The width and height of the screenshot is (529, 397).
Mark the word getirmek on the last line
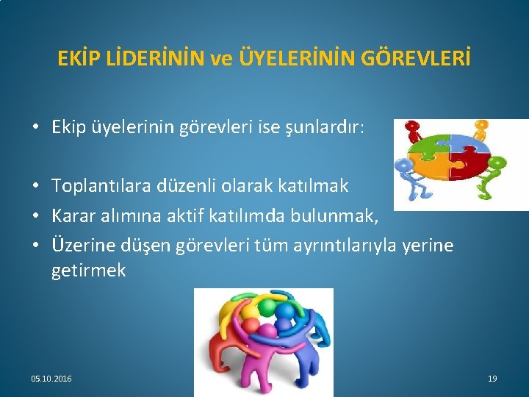(89, 271)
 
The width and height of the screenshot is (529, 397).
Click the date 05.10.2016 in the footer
(51, 379)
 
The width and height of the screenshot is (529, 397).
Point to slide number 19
(492, 379)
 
